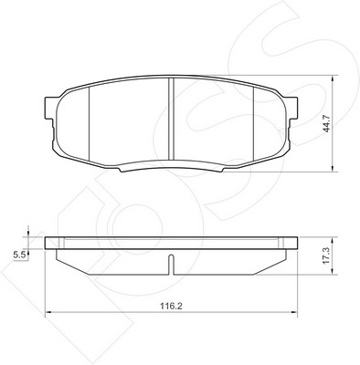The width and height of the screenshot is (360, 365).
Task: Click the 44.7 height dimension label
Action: (327, 124)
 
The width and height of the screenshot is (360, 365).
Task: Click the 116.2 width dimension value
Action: (171, 306)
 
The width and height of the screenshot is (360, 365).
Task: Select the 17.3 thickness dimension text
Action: (325, 255)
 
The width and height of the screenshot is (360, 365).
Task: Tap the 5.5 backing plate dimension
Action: (19, 255)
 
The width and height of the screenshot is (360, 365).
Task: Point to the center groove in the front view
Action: (171, 119)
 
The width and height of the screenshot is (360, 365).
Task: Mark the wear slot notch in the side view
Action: (171, 265)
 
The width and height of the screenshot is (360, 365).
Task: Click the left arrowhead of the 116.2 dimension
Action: (48, 312)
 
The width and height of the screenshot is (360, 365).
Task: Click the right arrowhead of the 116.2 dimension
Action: (294, 312)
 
